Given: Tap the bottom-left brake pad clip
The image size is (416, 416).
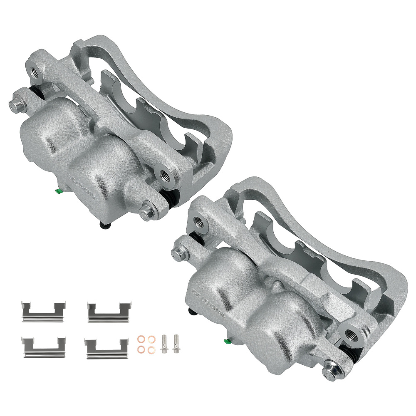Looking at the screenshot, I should [43, 347].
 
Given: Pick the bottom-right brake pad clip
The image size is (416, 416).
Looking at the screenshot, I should [107, 347].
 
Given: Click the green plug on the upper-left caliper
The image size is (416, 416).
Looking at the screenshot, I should [58, 191].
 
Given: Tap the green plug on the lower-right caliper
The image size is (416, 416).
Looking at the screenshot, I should [227, 342].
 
